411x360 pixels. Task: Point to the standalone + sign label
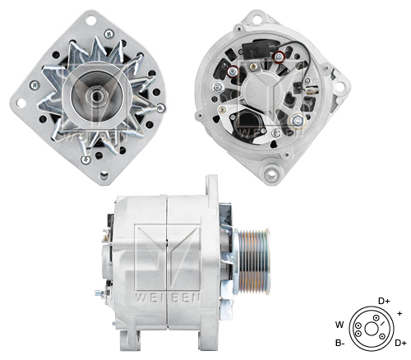tap(399, 313)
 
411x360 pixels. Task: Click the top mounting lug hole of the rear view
tap(264, 17)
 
